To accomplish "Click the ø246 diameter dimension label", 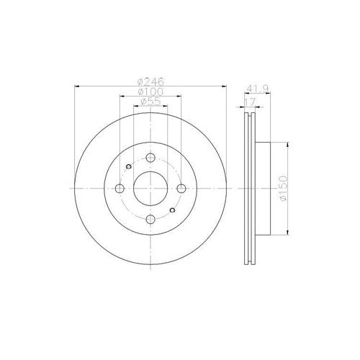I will pyautogui.click(x=150, y=81).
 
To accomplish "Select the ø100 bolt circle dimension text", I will pyautogui.click(x=150, y=92).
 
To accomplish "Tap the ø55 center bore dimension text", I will pyautogui.click(x=150, y=103).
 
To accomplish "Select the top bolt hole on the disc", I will pyautogui.click(x=150, y=159).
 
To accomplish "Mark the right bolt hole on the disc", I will pyautogui.click(x=180, y=189).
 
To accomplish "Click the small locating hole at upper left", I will pyautogui.click(x=127, y=168).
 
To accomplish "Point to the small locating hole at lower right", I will pyautogui.click(x=172, y=211).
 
